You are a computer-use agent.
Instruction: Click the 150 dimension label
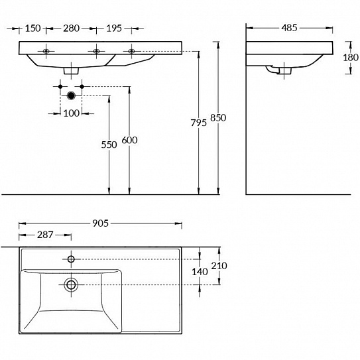(x=32, y=28)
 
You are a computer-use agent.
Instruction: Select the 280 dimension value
(x=71, y=28)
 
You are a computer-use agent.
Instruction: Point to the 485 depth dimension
(x=288, y=28)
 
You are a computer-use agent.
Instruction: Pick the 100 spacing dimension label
(x=71, y=113)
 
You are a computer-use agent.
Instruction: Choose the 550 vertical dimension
(x=109, y=144)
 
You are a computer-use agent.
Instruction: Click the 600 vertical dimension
(x=129, y=141)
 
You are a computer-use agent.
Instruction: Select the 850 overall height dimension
(x=218, y=118)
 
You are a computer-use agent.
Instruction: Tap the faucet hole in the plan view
(x=72, y=258)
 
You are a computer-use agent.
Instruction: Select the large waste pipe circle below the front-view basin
(x=72, y=96)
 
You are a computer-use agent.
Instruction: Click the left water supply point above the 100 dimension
(x=60, y=87)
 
